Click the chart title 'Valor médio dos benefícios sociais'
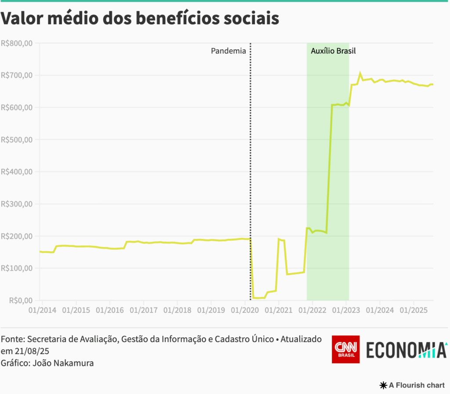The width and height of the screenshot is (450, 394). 140,19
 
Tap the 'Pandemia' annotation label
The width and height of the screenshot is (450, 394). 228,51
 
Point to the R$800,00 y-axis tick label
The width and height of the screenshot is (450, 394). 17,43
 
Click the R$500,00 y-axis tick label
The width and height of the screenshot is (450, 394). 17,140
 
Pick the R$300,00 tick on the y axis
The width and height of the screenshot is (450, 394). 17,204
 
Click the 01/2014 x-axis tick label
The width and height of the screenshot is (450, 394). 42,310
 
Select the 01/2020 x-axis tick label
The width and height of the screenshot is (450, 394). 244,310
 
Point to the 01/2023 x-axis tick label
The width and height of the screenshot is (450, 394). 346,310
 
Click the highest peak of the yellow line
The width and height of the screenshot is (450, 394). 360,73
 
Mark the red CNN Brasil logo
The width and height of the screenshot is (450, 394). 345,349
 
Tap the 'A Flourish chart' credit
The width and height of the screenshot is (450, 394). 412,385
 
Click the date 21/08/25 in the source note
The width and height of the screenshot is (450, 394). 25,351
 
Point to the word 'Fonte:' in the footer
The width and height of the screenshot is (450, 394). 13,340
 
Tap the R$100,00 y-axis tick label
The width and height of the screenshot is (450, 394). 17,268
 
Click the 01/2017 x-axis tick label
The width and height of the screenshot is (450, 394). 143,310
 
